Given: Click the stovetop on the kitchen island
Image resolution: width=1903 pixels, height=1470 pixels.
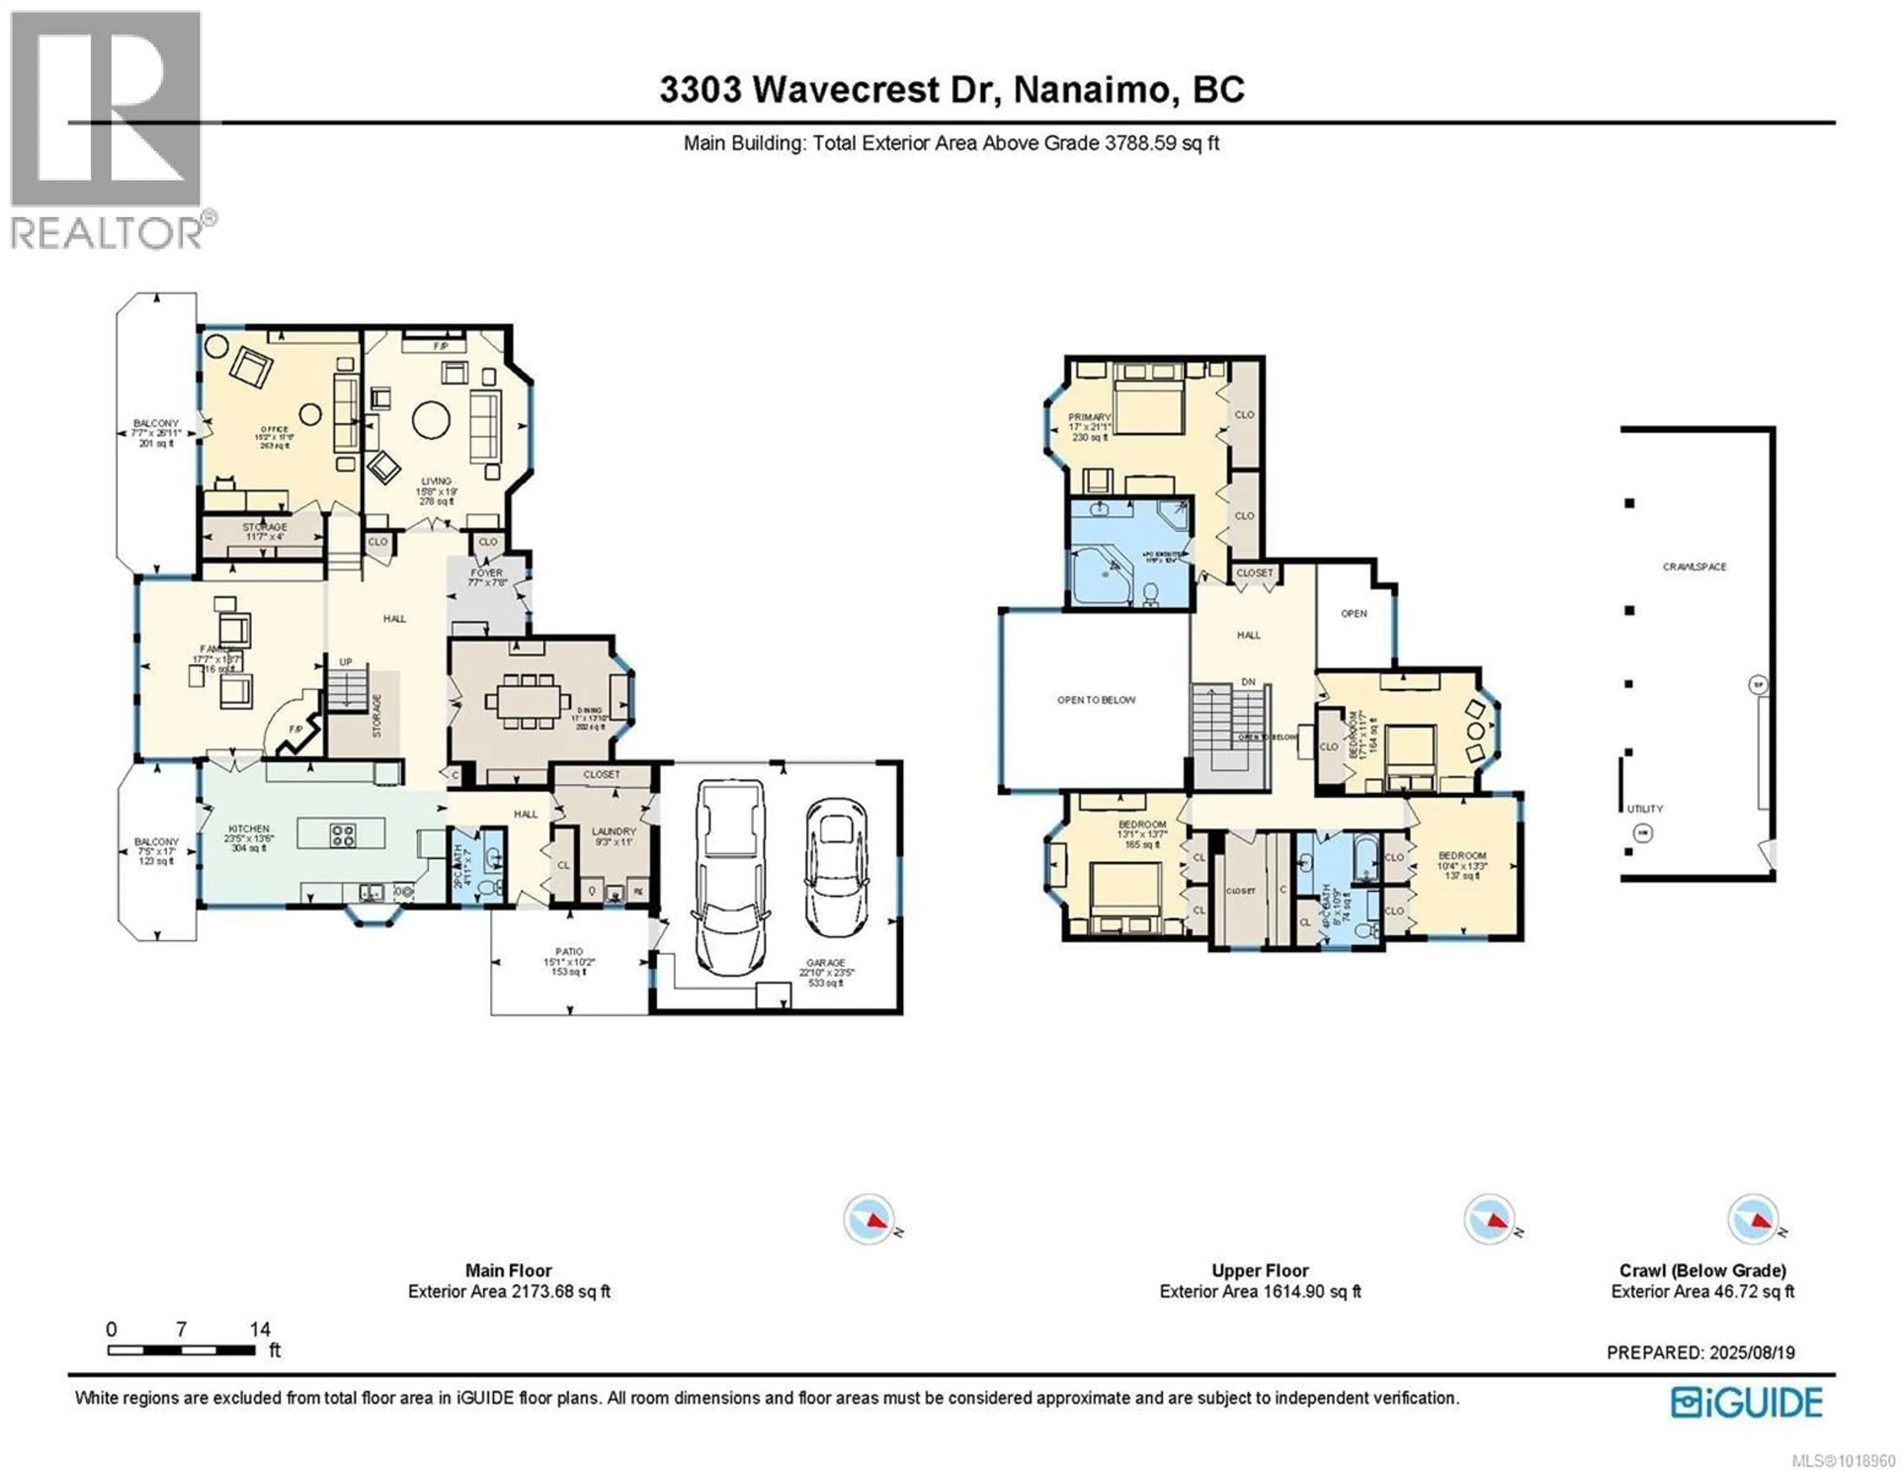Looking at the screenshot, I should pos(342,835).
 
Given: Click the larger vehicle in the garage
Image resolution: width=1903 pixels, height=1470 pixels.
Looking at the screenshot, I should pos(730,876).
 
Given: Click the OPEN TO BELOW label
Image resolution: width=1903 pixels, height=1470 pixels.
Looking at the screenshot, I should pos(1096,700).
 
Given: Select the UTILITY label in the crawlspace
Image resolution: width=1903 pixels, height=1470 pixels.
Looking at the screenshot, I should pos(1645,809).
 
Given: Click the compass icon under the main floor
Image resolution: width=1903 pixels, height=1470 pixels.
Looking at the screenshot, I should pos(869,1219).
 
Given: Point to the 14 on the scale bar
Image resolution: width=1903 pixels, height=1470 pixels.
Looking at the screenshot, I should pos(260,1329).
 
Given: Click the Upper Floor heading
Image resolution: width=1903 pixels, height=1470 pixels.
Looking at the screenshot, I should pos(1260,1270).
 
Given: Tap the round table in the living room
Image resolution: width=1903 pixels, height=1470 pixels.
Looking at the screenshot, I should pos(431,419).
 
